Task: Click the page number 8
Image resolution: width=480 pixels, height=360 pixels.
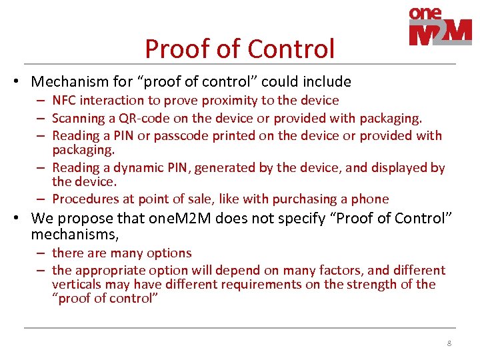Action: coord(449,343)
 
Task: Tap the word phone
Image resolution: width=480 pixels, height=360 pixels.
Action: coord(371,199)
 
